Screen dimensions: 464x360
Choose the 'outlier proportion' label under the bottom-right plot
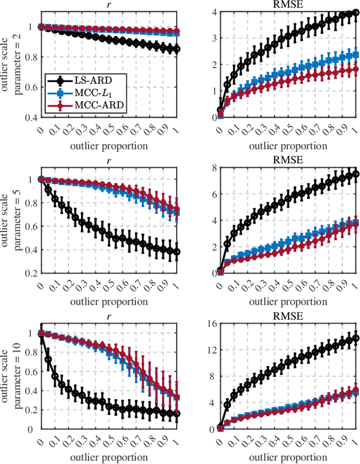point(289,457)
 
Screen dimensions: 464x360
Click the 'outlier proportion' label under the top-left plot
point(109,145)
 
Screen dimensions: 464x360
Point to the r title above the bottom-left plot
point(109,316)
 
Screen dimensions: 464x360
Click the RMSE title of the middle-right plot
point(289,160)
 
